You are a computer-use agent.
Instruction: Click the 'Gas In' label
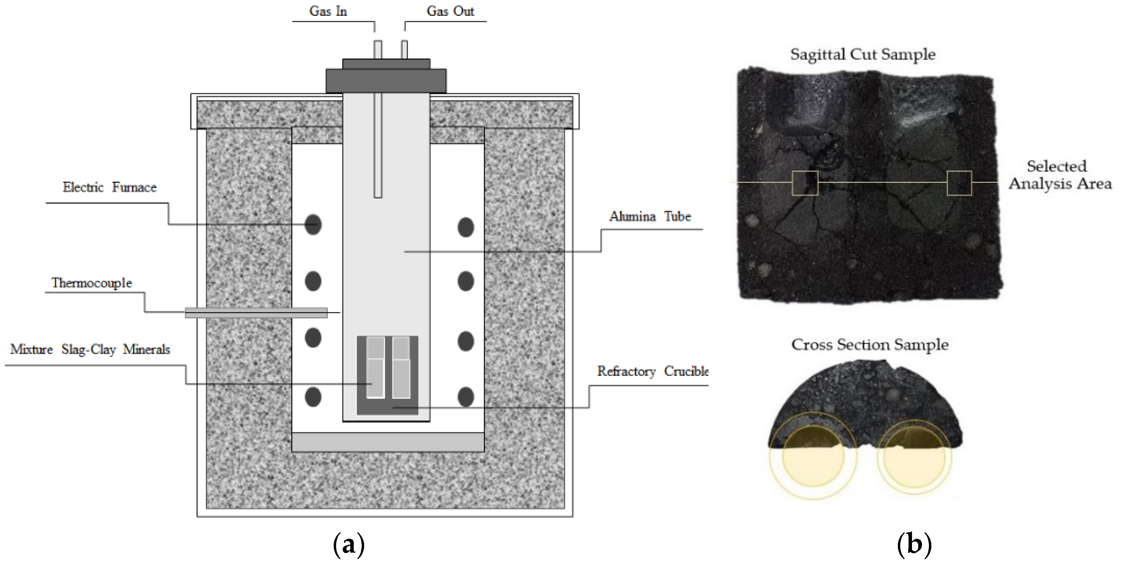[328, 11]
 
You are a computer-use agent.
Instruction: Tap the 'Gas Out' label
[450, 11]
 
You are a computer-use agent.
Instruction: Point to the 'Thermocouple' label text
[92, 283]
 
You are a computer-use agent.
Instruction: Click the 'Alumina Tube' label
[650, 217]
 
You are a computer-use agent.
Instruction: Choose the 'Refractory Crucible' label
[652, 372]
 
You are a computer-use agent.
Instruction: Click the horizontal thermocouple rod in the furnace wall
[256, 312]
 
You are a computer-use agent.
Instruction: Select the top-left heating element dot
[313, 225]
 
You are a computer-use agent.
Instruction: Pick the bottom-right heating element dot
[466, 397]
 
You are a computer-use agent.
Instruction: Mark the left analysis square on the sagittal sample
[805, 183]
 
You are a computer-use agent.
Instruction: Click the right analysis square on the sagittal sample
[959, 183]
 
